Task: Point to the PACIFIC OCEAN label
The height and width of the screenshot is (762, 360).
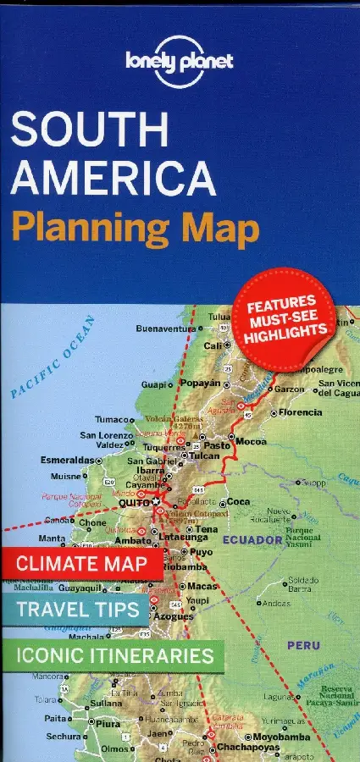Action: (55, 356)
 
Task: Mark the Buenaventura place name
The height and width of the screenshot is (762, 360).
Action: (165, 328)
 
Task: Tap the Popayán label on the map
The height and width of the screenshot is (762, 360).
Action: (197, 383)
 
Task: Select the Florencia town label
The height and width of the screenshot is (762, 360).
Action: (300, 412)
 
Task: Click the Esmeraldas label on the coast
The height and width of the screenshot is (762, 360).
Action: (67, 460)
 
